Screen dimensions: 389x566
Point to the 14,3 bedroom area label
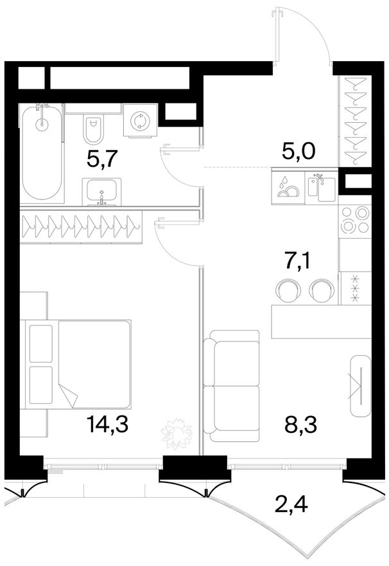click(x=108, y=424)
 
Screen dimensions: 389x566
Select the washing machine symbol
click(x=140, y=120)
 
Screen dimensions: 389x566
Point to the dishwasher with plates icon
click(x=288, y=187)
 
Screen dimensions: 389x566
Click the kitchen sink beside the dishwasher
click(x=322, y=187)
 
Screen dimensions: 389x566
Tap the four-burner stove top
click(x=356, y=219)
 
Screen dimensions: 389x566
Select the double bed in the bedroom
click(x=78, y=364)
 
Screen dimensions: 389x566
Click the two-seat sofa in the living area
click(x=231, y=385)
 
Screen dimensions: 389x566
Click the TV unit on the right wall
click(x=360, y=385)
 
